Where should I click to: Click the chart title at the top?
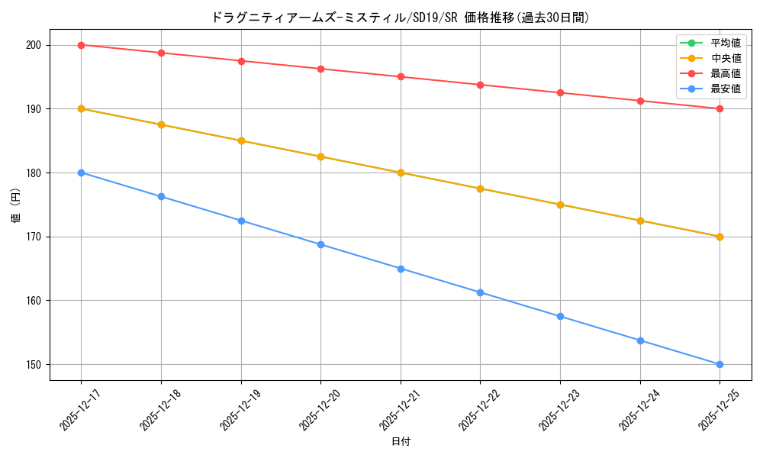click(400, 18)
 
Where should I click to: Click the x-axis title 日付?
click(401, 441)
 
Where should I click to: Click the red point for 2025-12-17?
click(82, 45)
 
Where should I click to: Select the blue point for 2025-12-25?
click(720, 364)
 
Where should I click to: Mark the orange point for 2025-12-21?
click(401, 173)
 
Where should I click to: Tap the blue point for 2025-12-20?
click(320, 244)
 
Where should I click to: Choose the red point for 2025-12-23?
click(560, 92)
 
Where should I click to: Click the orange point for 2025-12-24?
click(640, 221)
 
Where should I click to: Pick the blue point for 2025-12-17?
click(82, 173)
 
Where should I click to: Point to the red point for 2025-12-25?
click(720, 108)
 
